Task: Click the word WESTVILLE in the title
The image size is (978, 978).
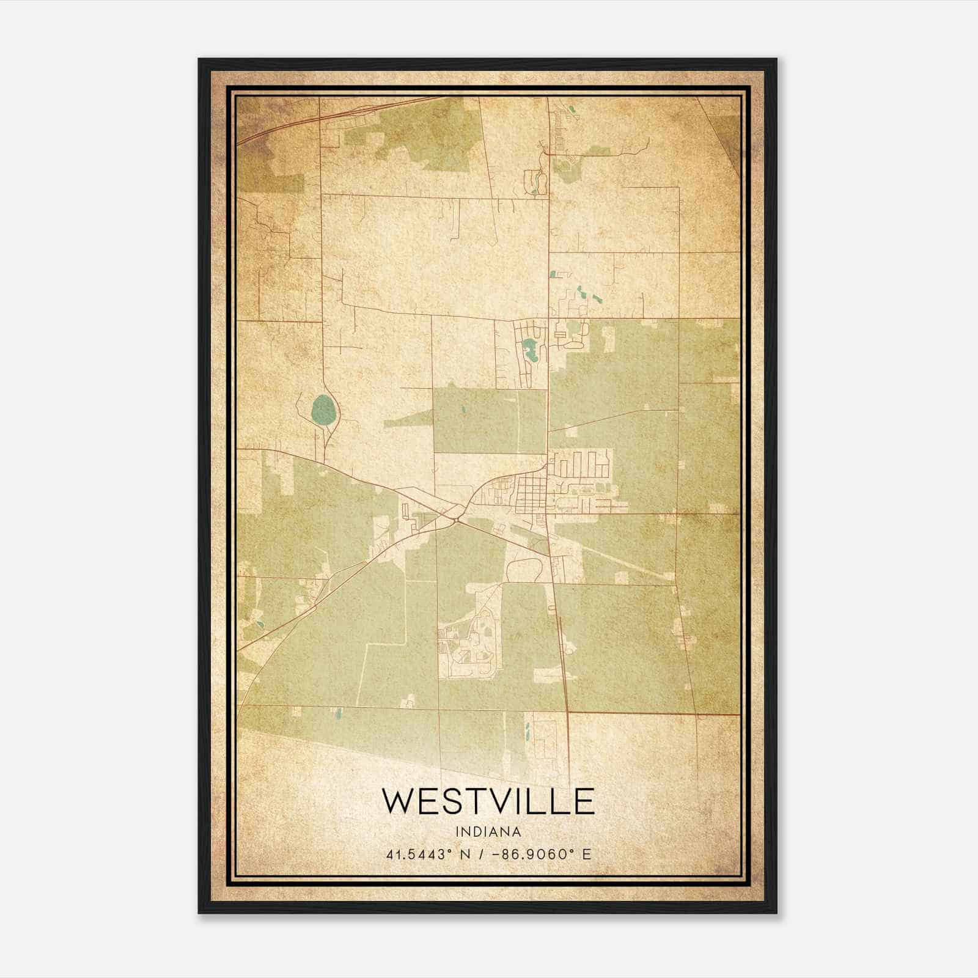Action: (x=488, y=801)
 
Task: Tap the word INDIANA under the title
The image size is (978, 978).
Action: (x=488, y=832)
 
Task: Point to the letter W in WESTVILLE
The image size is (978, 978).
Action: (x=398, y=801)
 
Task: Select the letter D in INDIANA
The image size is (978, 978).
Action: (x=477, y=832)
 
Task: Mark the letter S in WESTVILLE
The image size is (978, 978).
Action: (x=446, y=801)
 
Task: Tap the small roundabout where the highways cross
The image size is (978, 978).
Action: (x=457, y=520)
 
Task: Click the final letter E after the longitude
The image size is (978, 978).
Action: (x=587, y=855)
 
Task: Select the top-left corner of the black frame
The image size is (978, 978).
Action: (x=200, y=60)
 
